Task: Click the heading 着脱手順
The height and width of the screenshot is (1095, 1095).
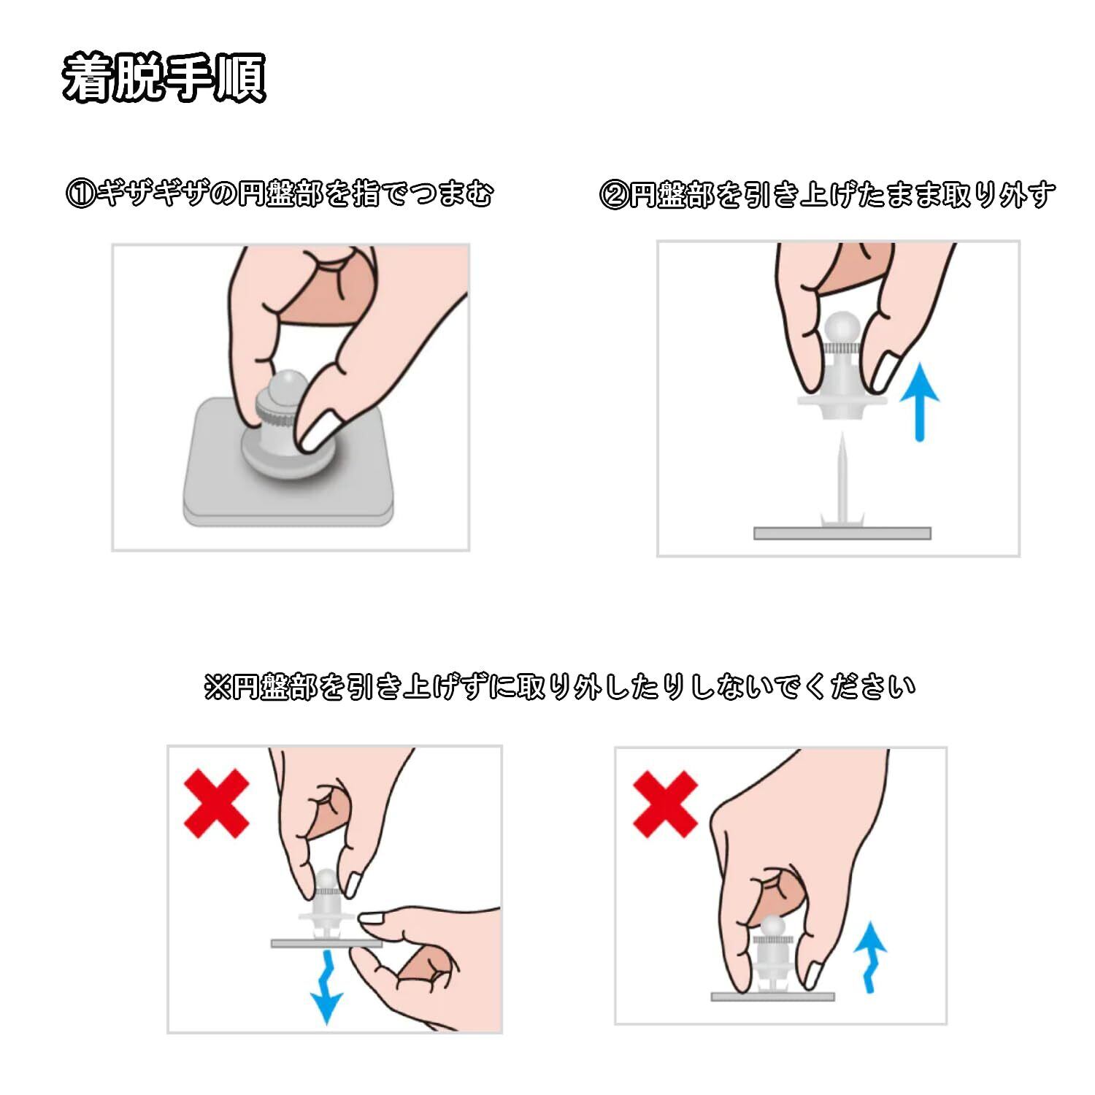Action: click(x=164, y=77)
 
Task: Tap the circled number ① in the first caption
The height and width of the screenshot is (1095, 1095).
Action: click(x=80, y=195)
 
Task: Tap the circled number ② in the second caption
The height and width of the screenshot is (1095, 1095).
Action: click(x=612, y=195)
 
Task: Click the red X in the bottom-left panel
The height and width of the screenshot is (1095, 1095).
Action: click(x=216, y=803)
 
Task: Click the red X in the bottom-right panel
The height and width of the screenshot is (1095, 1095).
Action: click(x=665, y=804)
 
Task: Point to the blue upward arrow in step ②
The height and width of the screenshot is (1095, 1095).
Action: click(x=920, y=403)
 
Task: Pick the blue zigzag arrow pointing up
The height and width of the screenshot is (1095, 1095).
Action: click(x=869, y=956)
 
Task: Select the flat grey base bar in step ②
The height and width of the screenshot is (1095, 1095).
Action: click(x=842, y=533)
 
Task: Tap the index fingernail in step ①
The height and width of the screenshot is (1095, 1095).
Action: click(x=320, y=430)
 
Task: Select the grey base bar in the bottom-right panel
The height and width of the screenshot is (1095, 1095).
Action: click(x=773, y=996)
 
